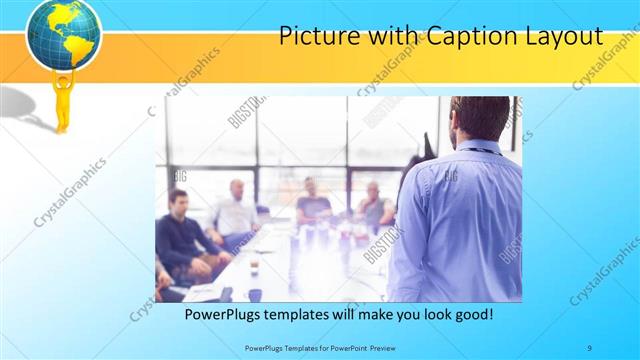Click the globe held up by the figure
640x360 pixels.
63,36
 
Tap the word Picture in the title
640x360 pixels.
311,37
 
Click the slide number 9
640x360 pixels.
589,347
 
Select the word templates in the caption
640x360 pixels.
316,314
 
